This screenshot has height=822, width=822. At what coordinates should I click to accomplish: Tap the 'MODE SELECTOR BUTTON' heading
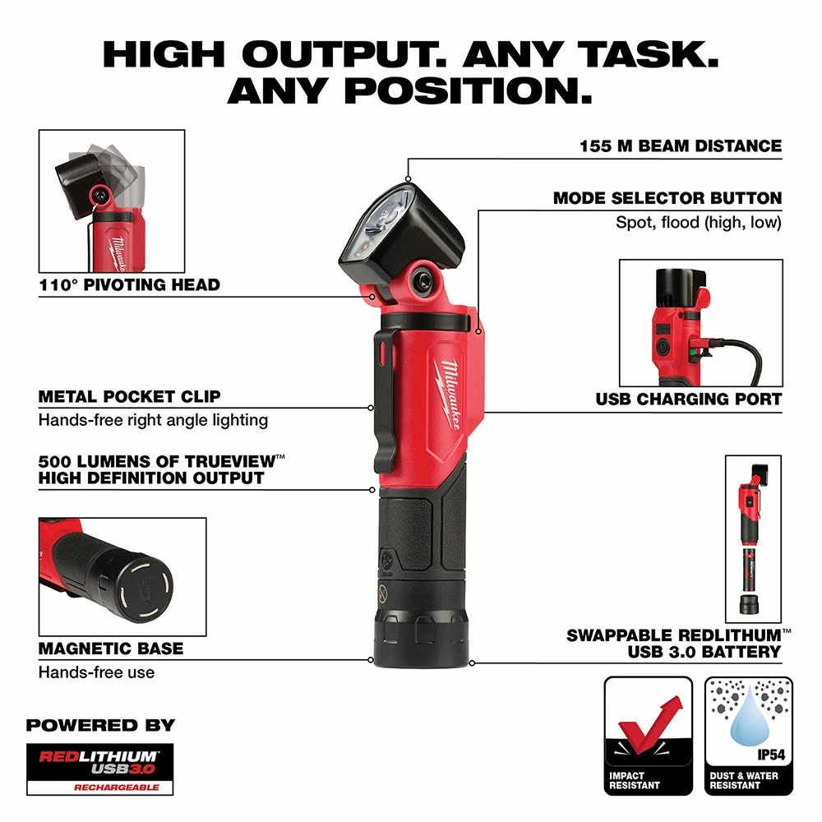pyautogui.click(x=667, y=198)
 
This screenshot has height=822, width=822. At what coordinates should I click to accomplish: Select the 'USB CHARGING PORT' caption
pyautogui.click(x=689, y=399)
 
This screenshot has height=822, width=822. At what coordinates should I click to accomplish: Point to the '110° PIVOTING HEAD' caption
pyautogui.click(x=129, y=285)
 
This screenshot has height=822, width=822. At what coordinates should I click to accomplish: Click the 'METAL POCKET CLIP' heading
pyautogui.click(x=129, y=396)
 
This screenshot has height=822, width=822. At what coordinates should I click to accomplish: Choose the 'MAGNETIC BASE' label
pyautogui.click(x=111, y=649)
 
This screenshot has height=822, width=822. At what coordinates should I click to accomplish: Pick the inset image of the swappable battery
pyautogui.click(x=752, y=538)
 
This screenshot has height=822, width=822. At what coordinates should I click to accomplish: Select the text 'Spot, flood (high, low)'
pyautogui.click(x=699, y=223)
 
